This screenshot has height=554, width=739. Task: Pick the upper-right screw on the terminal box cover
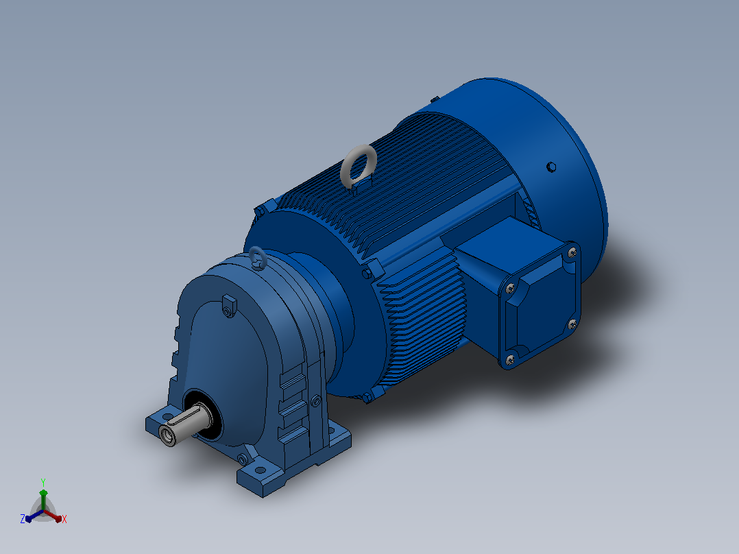pyautogui.click(x=572, y=253)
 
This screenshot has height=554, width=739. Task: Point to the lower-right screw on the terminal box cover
pyautogui.click(x=572, y=324)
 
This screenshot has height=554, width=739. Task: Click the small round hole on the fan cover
pyautogui.click(x=551, y=167)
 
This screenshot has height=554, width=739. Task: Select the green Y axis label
pyautogui.click(x=43, y=482)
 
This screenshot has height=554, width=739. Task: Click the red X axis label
pyautogui.click(x=64, y=519)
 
